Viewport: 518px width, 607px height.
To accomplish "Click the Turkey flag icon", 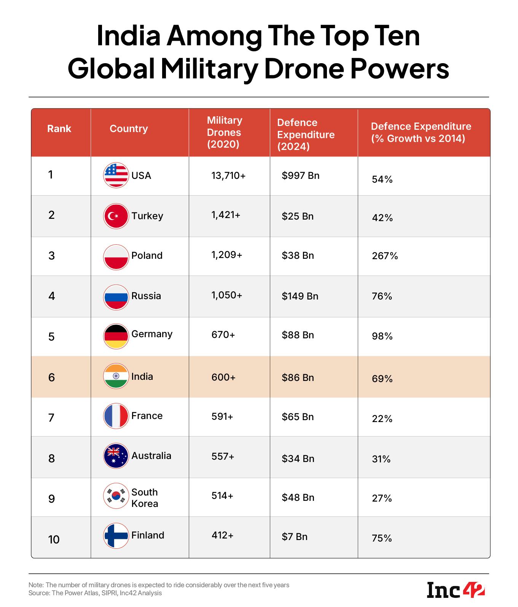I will (x=116, y=216).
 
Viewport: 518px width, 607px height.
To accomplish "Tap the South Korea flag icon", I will (x=116, y=496).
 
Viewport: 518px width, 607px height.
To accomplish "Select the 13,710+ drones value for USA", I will (x=228, y=175).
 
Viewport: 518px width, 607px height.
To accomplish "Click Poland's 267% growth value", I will (x=385, y=256).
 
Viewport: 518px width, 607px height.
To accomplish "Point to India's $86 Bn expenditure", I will (x=298, y=378).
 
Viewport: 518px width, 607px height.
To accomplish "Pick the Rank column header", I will (x=59, y=129).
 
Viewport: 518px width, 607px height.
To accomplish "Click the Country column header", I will (x=129, y=129).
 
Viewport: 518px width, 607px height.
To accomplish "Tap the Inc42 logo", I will (x=456, y=589).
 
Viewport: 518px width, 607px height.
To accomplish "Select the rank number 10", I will (x=54, y=539).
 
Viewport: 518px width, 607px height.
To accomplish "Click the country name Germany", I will (x=151, y=334).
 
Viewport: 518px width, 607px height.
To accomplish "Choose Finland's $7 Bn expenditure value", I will (x=294, y=537).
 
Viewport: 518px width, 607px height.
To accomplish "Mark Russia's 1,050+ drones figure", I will (x=226, y=295).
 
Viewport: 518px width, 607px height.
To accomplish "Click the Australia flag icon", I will (x=116, y=456).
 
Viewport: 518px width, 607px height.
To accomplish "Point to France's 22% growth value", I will (x=382, y=419).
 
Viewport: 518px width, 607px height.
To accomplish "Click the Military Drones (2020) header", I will (x=224, y=132).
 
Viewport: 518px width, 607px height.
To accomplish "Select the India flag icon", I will (x=116, y=376).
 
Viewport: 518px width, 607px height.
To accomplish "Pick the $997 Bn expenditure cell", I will (x=300, y=175).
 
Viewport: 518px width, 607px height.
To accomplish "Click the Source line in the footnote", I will (x=95, y=593).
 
